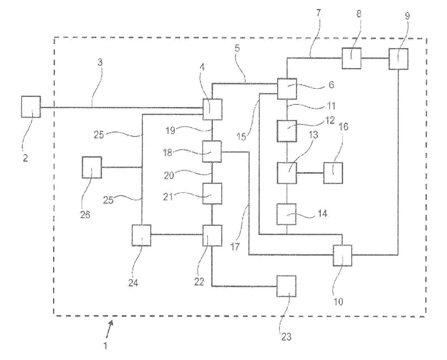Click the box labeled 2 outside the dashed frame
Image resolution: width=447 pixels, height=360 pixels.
(x=31, y=106)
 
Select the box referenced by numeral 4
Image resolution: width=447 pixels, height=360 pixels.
(x=212, y=109)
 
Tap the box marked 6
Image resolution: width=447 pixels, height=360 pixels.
(x=287, y=88)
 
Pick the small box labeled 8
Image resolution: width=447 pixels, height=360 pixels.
(x=352, y=58)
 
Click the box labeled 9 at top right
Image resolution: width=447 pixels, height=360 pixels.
(x=398, y=59)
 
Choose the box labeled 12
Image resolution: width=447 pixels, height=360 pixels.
(x=287, y=131)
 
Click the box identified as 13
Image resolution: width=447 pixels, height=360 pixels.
(x=287, y=173)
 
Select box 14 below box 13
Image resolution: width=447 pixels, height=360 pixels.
(x=287, y=214)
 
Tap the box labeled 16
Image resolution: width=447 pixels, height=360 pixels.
(x=332, y=173)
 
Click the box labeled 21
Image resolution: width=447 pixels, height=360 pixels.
(x=212, y=193)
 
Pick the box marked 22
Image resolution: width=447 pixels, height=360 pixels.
(x=212, y=235)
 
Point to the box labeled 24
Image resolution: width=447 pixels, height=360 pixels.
(x=142, y=235)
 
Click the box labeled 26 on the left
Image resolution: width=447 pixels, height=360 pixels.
(x=92, y=167)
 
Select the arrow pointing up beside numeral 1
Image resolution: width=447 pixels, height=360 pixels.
(x=112, y=326)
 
